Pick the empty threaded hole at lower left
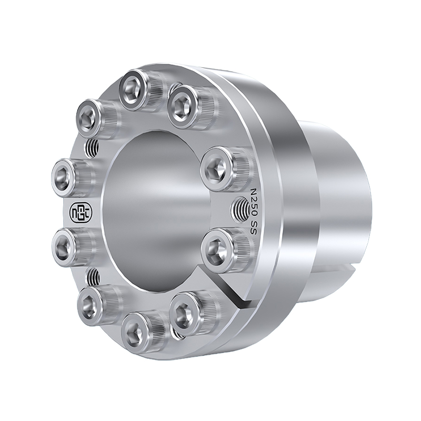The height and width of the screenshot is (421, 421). tap(93, 277)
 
